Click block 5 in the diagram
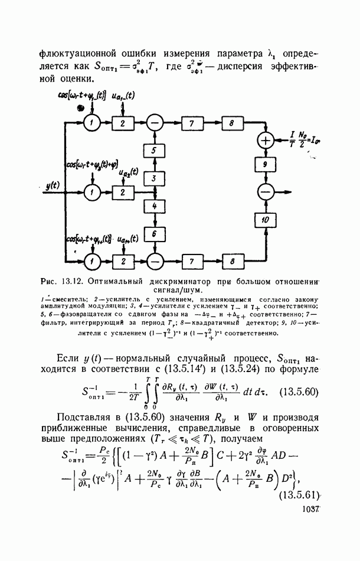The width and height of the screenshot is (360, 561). pyautogui.click(x=154, y=151)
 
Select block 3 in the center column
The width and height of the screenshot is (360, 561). pyautogui.click(x=154, y=178)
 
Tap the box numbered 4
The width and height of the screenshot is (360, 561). pyautogui.click(x=154, y=206)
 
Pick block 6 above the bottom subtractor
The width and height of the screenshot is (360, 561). pyautogui.click(x=154, y=234)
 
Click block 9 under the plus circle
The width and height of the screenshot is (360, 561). pyautogui.click(x=265, y=164)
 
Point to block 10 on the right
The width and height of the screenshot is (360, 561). pyautogui.click(x=265, y=219)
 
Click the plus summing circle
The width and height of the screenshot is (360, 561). pyautogui.click(x=265, y=140)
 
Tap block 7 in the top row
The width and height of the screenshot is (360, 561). pyautogui.click(x=191, y=123)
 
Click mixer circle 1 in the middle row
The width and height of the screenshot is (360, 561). pyautogui.click(x=91, y=193)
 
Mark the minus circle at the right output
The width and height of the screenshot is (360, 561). pyautogui.click(x=265, y=192)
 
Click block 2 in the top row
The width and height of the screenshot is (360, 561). pyautogui.click(x=122, y=123)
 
